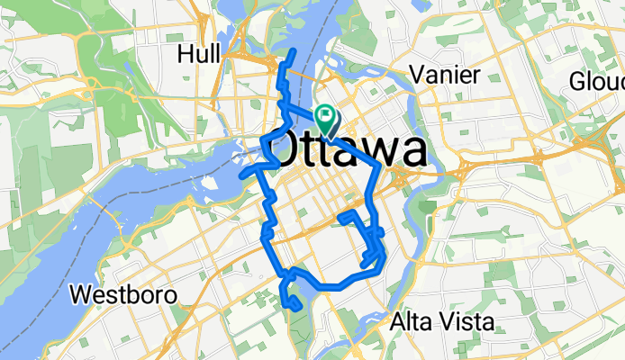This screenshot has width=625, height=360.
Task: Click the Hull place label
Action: (199, 54)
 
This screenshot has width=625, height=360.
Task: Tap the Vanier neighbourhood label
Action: (443, 75)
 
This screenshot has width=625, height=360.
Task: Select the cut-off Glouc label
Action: (596, 82)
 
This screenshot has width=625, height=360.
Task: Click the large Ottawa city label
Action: (348, 149)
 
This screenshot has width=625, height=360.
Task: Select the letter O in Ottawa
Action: (285, 150)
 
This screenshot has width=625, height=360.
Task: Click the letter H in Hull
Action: (186, 54)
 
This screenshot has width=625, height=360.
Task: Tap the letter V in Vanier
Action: (416, 75)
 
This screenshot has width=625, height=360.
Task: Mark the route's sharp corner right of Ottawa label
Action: (376, 166)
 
